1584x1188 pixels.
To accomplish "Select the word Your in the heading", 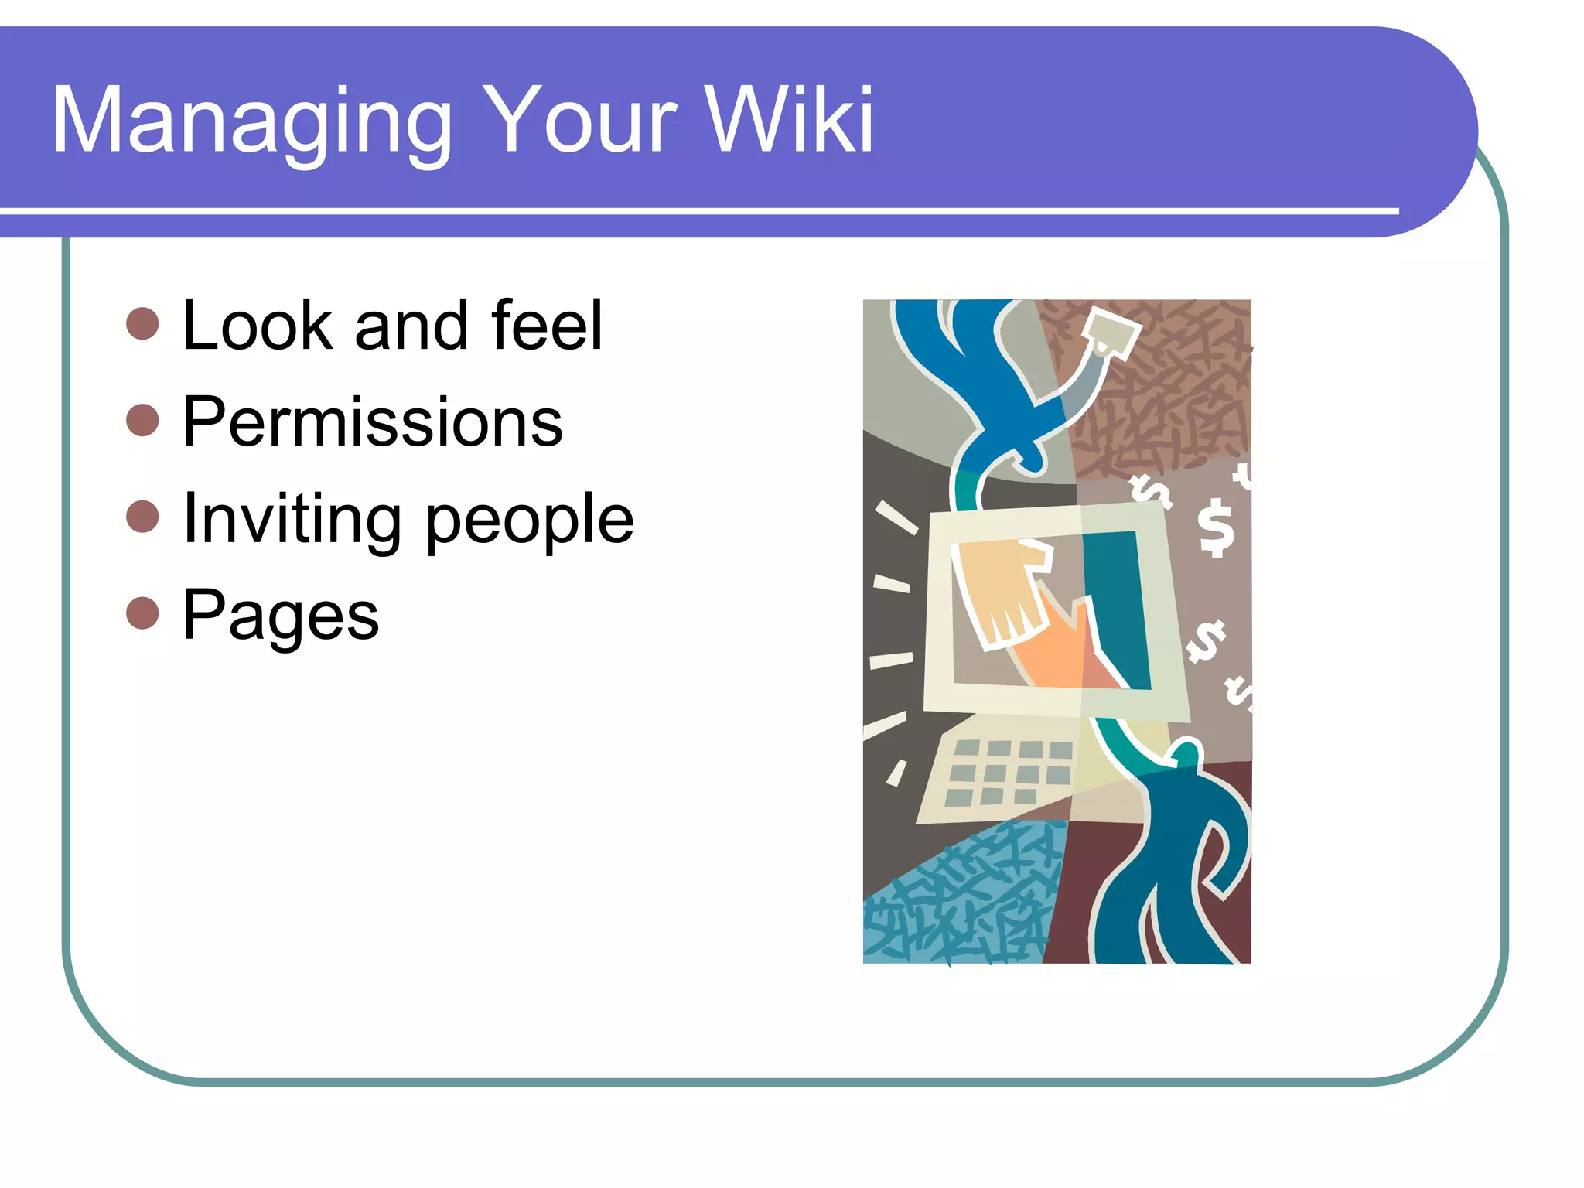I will (580, 121).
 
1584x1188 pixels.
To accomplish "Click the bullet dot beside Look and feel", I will (142, 323).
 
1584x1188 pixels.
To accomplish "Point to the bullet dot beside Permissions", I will (142, 420).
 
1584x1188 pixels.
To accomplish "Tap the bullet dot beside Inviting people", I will (142, 517).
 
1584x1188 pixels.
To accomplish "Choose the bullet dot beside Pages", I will (142, 613).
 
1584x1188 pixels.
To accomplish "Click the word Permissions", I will (373, 422).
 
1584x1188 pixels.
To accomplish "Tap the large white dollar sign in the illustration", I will (1216, 527).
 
